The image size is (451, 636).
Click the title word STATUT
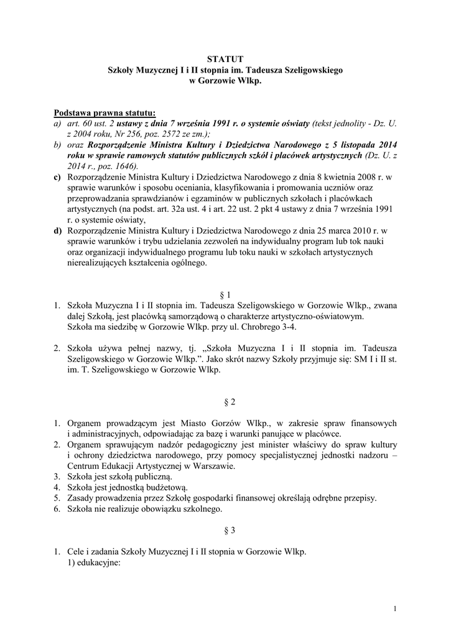point(225,60)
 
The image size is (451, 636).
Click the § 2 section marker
point(225,402)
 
